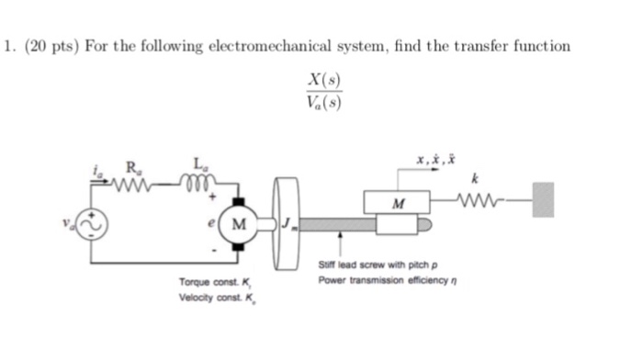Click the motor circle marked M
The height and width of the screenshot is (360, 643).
[240, 223]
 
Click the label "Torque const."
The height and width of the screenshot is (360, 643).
[204, 281]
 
